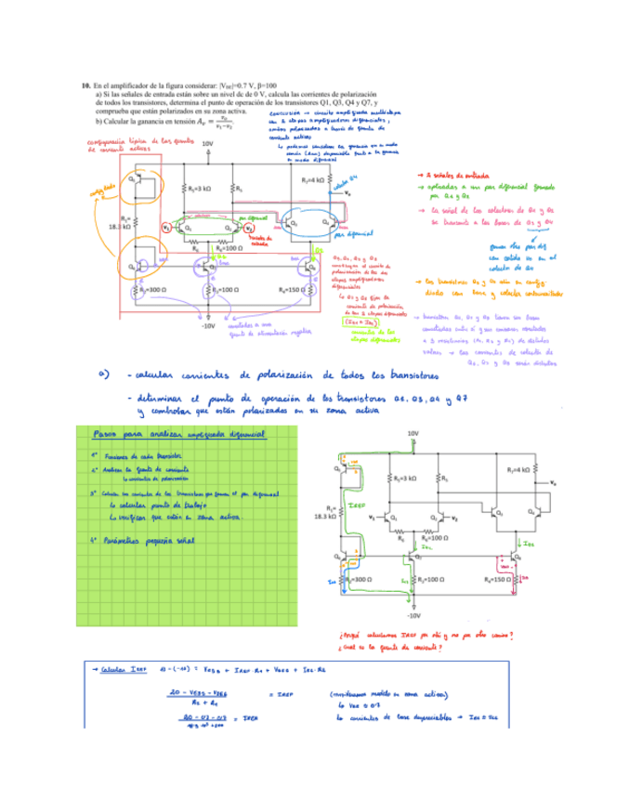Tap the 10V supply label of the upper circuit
tap(207, 145)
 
